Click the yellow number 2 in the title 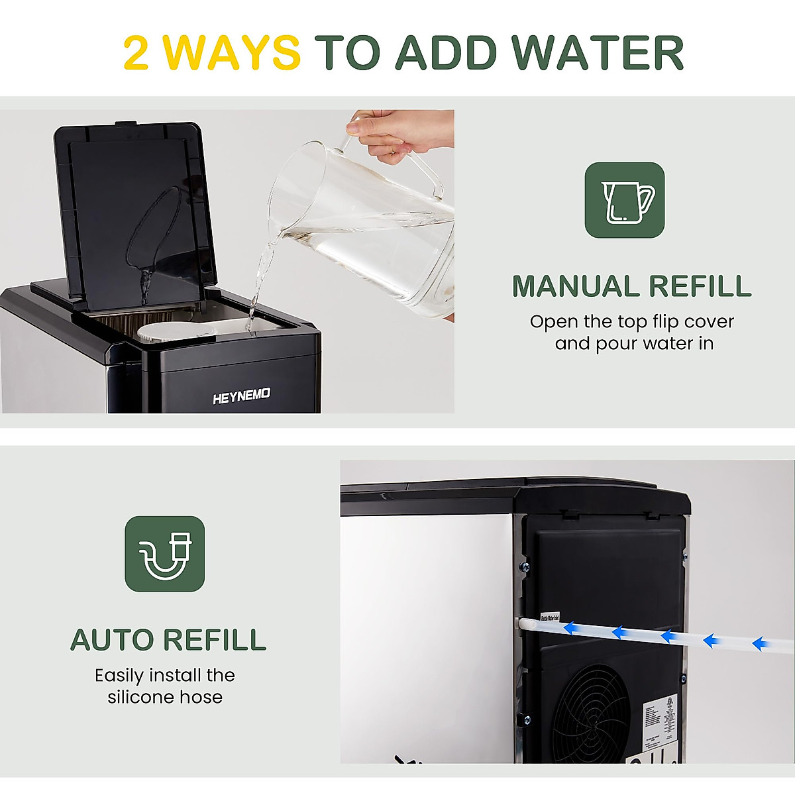[x=136, y=53]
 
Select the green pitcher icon [x=624, y=200]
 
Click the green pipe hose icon [x=165, y=554]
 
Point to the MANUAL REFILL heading [x=631, y=286]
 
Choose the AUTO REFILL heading [x=168, y=640]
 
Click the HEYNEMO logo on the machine [x=241, y=397]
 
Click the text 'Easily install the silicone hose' [x=165, y=686]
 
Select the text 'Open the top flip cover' [x=631, y=322]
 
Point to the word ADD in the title [x=447, y=53]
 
